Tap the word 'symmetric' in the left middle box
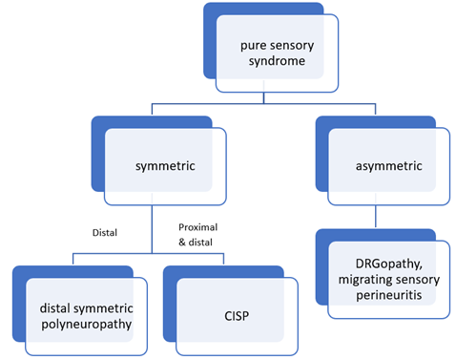[165, 165]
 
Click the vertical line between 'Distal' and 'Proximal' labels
[152, 229]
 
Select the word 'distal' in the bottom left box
[56, 308]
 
